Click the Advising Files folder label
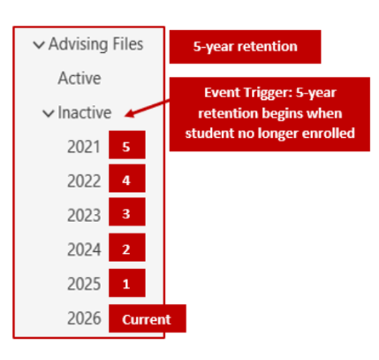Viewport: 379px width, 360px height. [95, 43]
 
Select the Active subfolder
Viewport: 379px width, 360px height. [80, 78]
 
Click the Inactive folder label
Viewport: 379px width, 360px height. [85, 112]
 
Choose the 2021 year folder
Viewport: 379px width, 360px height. [84, 147]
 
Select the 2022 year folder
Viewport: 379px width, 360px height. [84, 180]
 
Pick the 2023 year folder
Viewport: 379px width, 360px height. [84, 215]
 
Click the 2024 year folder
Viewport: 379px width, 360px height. [84, 249]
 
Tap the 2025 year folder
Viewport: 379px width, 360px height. [84, 284]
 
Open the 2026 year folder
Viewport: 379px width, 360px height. [84, 318]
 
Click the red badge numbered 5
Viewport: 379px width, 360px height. [126, 147]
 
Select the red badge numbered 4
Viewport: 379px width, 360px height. [126, 180]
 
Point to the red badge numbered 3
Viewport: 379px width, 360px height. [126, 215]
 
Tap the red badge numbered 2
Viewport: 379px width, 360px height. [126, 249]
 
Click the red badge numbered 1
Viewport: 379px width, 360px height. [126, 284]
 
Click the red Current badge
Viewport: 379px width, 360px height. [147, 318]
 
